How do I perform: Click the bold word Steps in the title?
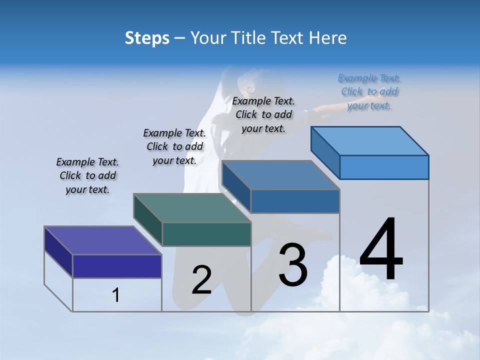(147, 38)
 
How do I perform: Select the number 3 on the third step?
(293, 265)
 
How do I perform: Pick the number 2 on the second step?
(201, 280)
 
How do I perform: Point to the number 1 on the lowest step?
(115, 295)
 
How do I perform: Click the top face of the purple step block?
(102, 240)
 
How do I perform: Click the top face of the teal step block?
(192, 208)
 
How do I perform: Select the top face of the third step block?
(280, 175)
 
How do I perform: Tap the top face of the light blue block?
(370, 140)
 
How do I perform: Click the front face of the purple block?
(117, 266)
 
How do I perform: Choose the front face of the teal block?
(206, 234)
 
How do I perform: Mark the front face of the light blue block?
(384, 167)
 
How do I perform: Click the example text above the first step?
(87, 175)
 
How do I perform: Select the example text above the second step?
(174, 146)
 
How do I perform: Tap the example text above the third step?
(263, 114)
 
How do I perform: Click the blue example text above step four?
(369, 91)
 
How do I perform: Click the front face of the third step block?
(295, 201)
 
